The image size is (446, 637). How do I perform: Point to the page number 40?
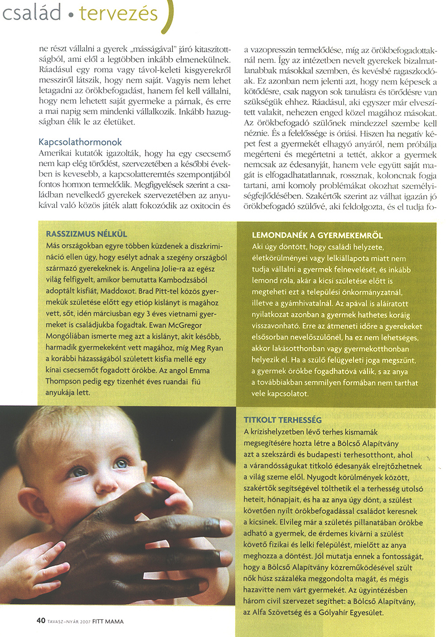41,620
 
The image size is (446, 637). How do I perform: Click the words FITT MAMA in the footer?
109,620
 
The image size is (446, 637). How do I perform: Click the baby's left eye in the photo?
120,463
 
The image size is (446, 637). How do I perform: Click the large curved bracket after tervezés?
169,17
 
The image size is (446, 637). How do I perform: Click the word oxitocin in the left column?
207,205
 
